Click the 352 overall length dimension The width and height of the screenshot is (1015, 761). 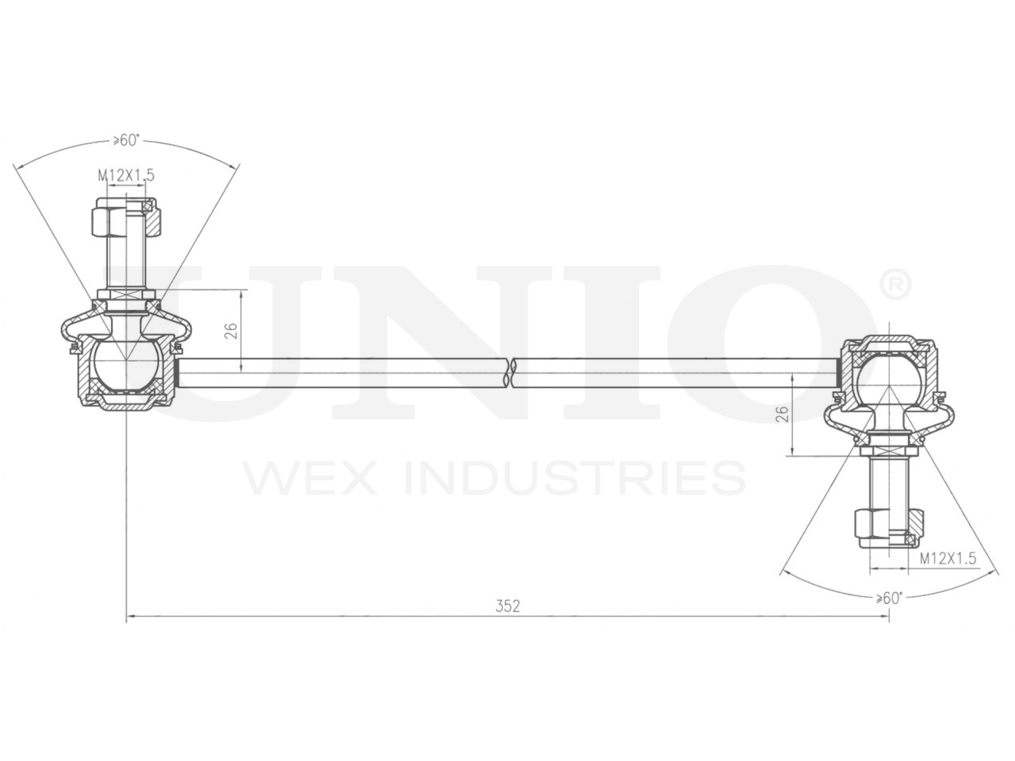click(x=507, y=606)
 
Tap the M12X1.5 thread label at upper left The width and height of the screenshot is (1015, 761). click(x=126, y=175)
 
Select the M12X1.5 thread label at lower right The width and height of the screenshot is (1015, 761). click(x=948, y=558)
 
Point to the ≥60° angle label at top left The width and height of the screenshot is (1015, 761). click(x=126, y=140)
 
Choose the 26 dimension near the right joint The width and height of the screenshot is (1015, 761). click(x=783, y=414)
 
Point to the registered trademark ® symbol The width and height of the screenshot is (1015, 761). click(x=896, y=285)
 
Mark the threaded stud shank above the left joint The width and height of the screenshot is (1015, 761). click(x=125, y=262)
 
